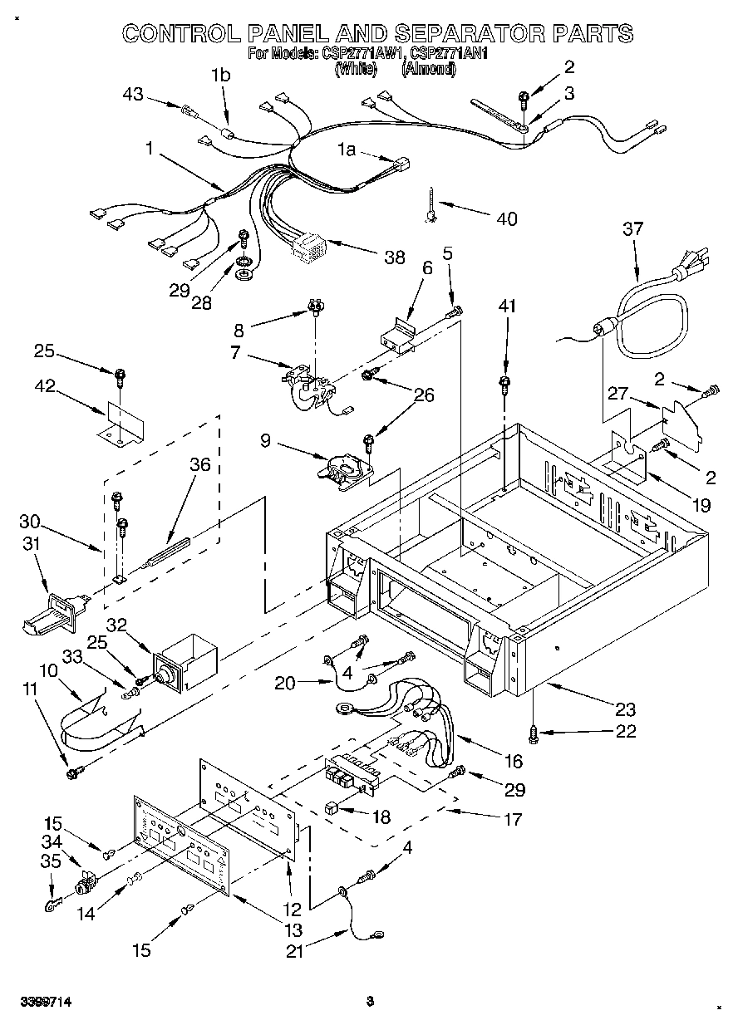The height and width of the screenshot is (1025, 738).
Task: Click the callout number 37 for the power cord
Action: point(633,228)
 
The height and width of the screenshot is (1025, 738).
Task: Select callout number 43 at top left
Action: point(133,96)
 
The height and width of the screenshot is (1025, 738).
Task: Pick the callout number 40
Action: point(505,219)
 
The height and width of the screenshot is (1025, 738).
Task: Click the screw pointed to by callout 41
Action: point(504,383)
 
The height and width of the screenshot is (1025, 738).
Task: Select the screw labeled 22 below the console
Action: point(534,732)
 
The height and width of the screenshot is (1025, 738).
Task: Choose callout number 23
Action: point(624,709)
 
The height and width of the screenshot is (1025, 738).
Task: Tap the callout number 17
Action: point(513,820)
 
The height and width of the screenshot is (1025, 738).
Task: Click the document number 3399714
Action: point(47,1003)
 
